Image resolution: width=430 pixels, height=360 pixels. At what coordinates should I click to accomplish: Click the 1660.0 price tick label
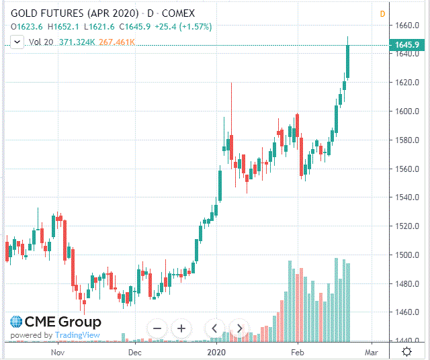click(408, 26)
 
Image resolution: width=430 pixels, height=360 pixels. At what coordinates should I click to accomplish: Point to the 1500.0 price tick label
click(408, 255)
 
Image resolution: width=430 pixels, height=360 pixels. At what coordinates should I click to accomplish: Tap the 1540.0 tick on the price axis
click(408, 197)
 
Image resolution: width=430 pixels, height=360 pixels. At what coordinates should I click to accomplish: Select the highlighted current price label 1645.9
click(408, 45)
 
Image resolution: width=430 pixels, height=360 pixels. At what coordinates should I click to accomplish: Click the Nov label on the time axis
click(58, 351)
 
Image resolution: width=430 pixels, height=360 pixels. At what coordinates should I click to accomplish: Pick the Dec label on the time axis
click(134, 351)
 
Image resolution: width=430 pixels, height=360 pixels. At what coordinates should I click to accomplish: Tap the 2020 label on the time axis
click(216, 351)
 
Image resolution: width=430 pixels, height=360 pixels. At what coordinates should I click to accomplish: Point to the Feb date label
click(297, 351)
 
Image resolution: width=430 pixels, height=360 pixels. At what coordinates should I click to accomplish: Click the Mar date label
click(371, 351)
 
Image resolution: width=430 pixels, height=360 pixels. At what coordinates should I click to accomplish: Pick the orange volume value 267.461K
click(117, 42)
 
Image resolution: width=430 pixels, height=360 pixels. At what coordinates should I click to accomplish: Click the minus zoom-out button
click(157, 328)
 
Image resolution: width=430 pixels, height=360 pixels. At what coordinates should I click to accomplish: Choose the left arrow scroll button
click(214, 328)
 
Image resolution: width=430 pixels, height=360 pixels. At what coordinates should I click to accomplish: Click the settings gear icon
click(407, 351)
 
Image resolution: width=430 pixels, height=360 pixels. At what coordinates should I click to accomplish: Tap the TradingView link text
click(77, 335)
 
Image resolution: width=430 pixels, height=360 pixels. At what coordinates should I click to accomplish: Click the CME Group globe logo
click(15, 322)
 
